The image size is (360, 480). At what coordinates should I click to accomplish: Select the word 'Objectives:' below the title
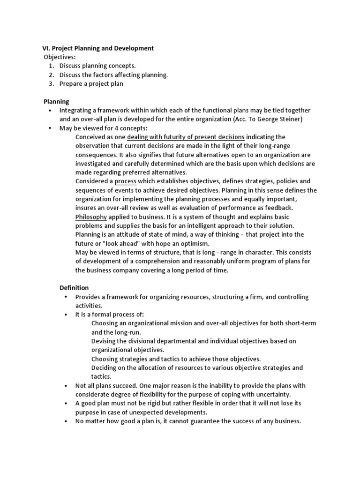coord(60,57)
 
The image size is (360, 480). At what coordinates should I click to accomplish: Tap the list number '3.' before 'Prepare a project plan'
coord(52,83)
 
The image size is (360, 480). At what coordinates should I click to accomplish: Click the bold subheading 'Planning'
coord(56,101)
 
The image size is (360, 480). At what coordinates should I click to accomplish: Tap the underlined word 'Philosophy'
coord(91,217)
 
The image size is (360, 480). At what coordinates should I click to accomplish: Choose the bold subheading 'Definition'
coord(74,287)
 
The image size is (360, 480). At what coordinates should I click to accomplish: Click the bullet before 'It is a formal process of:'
coord(65,314)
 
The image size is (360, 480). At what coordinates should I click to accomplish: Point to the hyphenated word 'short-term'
coord(299,323)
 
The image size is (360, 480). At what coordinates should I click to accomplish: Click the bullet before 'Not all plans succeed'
coord(65,386)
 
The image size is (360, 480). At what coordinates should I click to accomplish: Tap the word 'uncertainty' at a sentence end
coord(273,394)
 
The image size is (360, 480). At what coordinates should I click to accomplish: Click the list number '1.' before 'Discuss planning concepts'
coord(52,66)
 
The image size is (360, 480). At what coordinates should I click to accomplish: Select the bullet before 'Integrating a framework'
coord(49,110)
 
